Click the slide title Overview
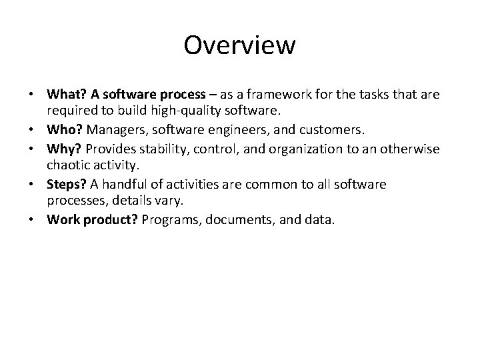[239, 45]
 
